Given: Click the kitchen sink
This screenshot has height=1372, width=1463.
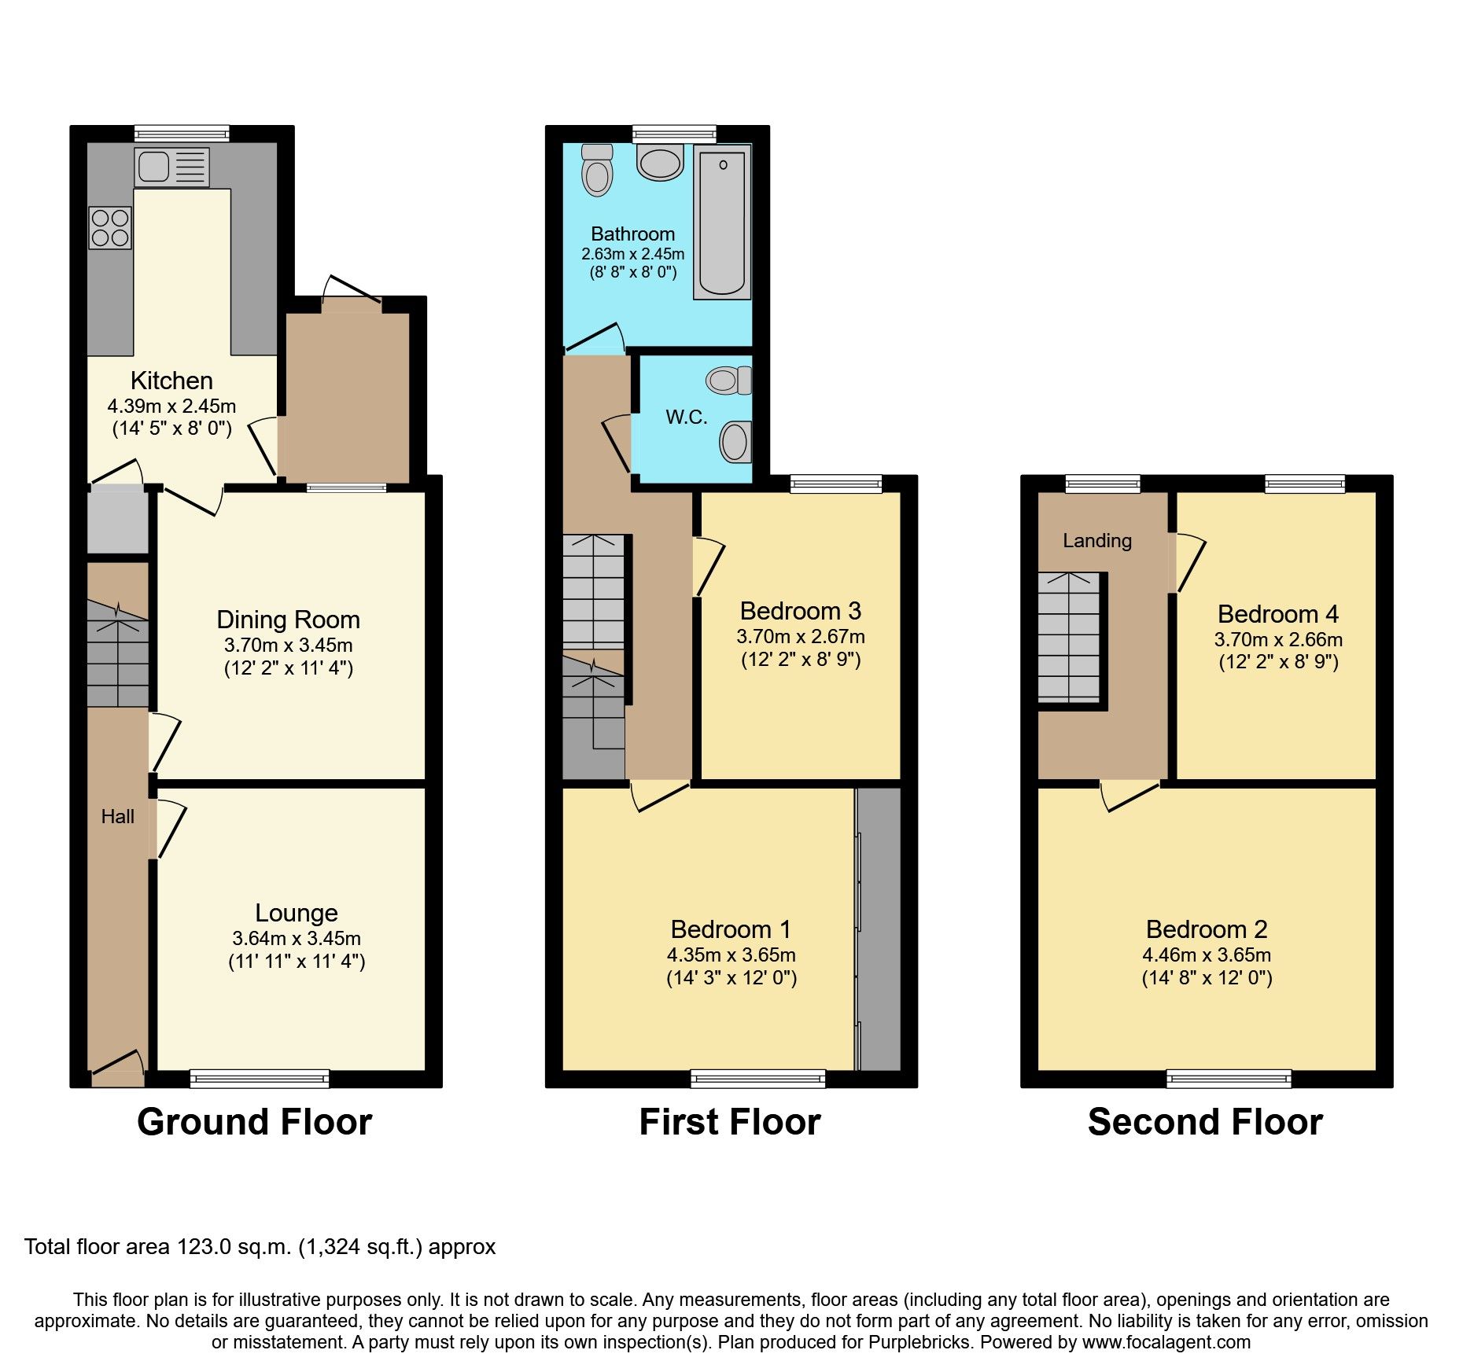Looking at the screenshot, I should click(x=171, y=167).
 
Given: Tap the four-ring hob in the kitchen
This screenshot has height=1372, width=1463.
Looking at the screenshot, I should click(x=110, y=226).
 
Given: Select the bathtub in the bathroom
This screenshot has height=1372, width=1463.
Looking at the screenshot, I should click(x=722, y=223).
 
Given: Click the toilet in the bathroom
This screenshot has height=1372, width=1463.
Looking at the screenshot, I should click(x=598, y=170).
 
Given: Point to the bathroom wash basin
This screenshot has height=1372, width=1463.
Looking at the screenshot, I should click(x=660, y=163).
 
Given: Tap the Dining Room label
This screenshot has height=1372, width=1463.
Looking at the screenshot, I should click(x=288, y=620).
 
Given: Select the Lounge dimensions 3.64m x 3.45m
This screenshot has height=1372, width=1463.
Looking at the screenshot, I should click(x=297, y=938).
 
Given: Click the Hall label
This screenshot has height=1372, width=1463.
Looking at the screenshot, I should click(x=117, y=817).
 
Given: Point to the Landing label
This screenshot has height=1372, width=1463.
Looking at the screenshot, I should click(x=1096, y=540).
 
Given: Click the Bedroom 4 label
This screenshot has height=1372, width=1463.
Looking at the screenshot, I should click(x=1277, y=613).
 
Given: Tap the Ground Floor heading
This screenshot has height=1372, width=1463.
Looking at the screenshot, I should click(x=254, y=1122).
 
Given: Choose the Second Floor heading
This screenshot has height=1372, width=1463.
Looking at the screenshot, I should click(x=1204, y=1122).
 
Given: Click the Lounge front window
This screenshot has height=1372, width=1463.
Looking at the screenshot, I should click(x=260, y=1079).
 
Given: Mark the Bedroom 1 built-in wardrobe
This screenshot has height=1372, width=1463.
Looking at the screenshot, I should click(x=878, y=928).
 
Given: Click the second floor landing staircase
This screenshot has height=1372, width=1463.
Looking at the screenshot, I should click(x=1069, y=637).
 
